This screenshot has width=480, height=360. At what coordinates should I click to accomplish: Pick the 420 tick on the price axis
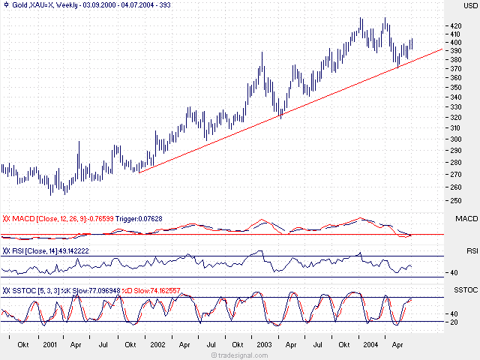453,25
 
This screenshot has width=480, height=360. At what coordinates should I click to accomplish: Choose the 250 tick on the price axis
453,200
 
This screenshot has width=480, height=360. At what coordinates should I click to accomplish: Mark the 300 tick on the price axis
453,139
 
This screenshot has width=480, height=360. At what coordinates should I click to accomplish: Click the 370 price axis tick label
453,69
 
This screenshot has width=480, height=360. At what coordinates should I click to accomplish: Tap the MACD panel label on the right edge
466,218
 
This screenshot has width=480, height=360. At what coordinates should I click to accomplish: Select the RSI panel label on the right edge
472,250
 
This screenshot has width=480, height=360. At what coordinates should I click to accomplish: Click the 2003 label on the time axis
265,345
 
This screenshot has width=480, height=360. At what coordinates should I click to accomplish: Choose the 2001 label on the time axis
50,345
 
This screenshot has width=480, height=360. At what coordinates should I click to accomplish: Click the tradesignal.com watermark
239,355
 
